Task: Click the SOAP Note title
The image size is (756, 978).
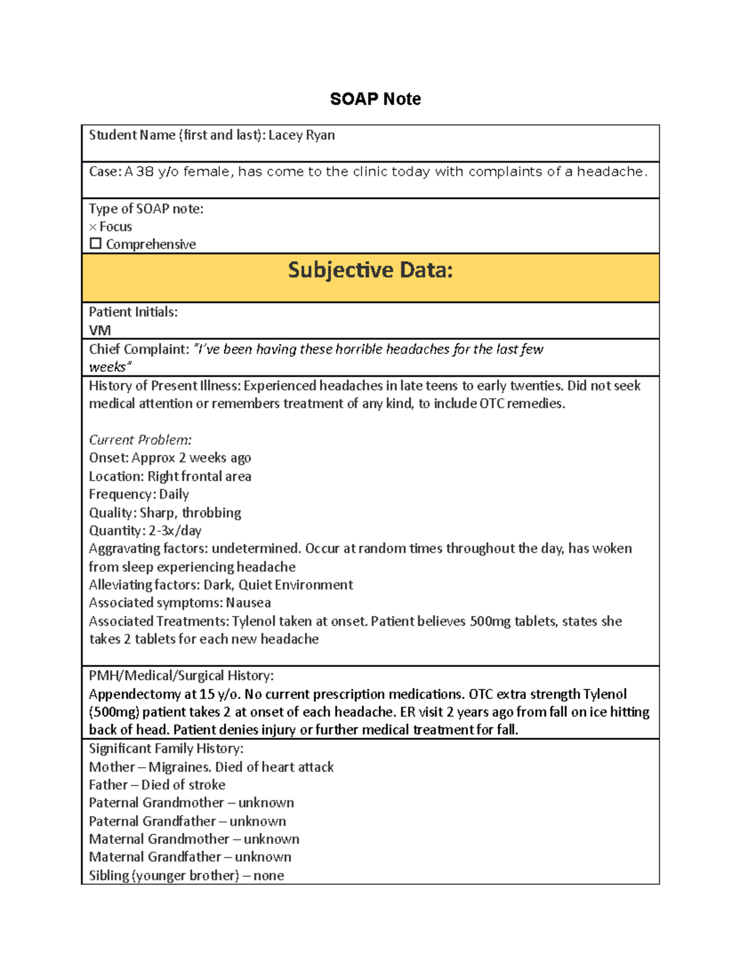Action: coord(375,99)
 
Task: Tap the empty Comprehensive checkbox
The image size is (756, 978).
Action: coord(95,244)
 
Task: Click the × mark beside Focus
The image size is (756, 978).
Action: coord(93,227)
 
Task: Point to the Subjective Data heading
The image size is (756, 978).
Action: coord(370,270)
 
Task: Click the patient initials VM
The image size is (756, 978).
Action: coord(100,330)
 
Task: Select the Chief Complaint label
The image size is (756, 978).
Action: coord(139,350)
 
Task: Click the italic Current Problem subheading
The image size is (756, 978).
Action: coord(140,440)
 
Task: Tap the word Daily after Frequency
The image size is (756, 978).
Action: coord(174,494)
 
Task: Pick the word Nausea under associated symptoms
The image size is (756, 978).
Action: coord(248,603)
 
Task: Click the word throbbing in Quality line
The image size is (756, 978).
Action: coord(211,513)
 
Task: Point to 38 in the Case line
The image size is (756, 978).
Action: coord(145,172)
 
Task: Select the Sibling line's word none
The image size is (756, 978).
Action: coord(268,875)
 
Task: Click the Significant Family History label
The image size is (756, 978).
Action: coord(166,748)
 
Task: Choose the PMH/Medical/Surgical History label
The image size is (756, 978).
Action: coord(181,676)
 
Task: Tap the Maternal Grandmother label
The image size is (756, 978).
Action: coord(159,839)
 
